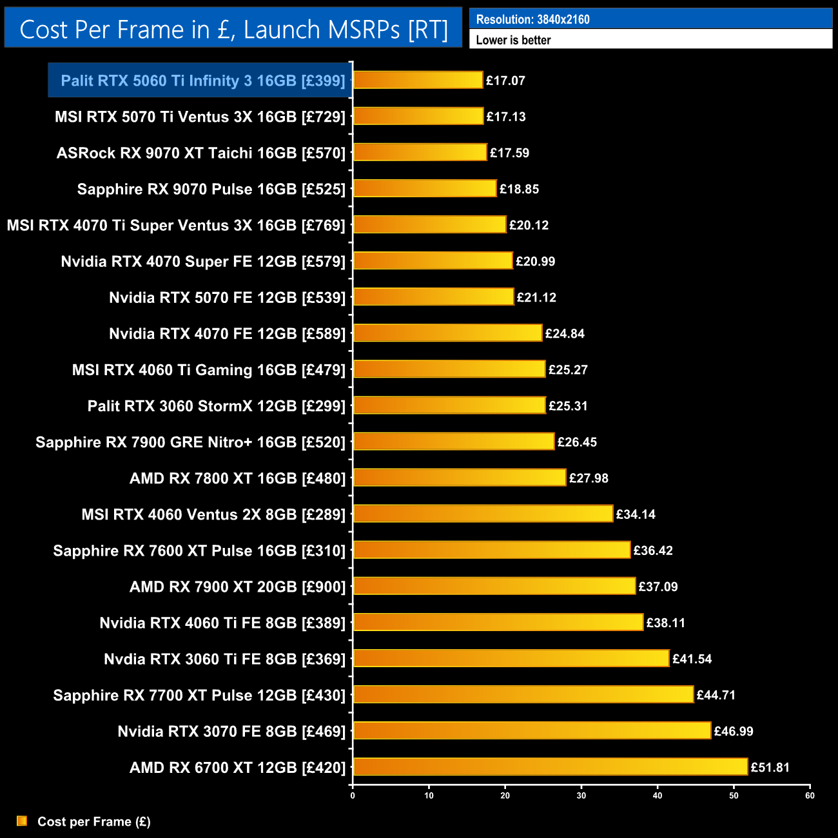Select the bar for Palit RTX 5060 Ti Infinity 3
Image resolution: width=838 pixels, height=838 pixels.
point(418,80)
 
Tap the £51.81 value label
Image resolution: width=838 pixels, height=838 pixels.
point(770,767)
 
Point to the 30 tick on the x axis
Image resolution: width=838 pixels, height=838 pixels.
point(581,795)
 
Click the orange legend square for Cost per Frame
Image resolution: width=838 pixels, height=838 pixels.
point(22,821)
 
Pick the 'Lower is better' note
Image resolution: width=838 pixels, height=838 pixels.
point(513,40)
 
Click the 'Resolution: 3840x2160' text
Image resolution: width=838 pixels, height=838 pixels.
point(532,19)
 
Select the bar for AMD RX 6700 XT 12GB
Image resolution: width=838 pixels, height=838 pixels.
point(550,767)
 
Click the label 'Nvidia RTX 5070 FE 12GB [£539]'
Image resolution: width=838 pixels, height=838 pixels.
point(227,298)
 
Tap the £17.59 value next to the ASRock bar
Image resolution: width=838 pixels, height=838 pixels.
point(509,153)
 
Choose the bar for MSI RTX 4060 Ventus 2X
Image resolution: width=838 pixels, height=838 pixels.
point(483,514)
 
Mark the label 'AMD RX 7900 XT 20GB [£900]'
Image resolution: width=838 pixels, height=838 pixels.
point(237,587)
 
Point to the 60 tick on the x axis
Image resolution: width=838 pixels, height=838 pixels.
point(810,795)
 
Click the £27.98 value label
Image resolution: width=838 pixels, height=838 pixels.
point(589,478)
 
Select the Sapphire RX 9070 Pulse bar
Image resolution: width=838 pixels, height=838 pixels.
point(425,188)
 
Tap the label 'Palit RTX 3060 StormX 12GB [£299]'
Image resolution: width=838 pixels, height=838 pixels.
point(217,406)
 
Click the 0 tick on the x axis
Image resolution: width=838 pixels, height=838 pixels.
point(353,795)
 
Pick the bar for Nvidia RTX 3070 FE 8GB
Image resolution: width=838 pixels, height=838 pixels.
point(532,731)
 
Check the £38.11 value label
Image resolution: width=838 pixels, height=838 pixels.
point(665,623)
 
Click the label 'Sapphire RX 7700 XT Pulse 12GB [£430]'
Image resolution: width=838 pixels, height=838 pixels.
point(199,695)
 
